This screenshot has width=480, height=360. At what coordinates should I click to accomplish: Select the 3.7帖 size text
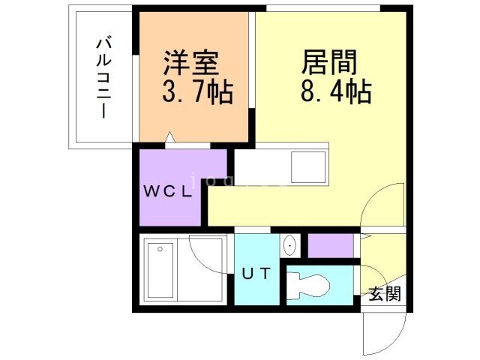197,93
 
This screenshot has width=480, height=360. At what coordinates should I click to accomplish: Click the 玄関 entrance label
384,293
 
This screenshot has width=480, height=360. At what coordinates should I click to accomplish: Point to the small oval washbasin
289,244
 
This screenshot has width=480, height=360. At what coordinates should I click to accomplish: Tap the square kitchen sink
308,166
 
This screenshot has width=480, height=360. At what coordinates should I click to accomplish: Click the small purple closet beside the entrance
330,245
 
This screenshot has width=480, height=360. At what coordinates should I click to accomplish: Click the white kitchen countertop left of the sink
261,166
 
